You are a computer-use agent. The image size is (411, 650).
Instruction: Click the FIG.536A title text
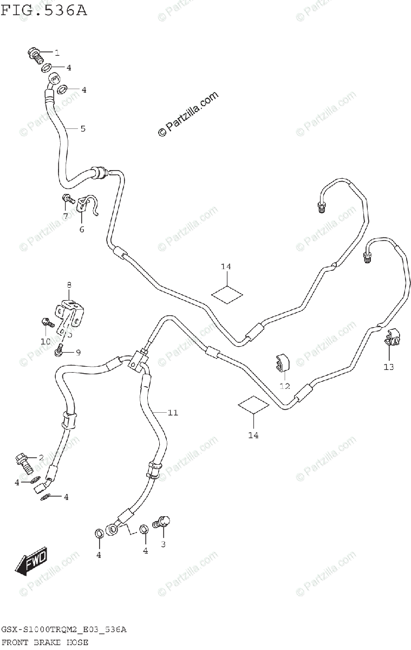click(x=44, y=10)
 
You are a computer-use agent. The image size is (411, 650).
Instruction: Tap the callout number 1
click(x=56, y=53)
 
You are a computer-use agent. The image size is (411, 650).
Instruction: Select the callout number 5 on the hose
click(x=83, y=129)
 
